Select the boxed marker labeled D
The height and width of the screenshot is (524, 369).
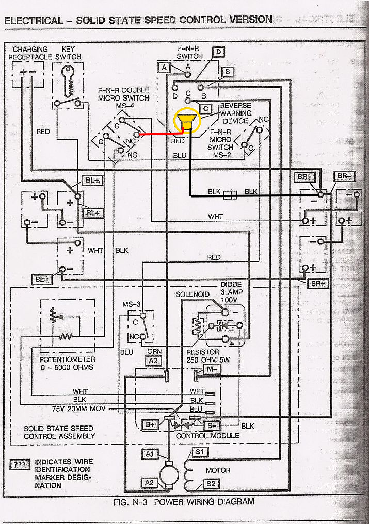pos(219,52)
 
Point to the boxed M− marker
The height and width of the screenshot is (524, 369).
pos(212,369)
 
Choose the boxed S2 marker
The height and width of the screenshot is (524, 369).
pos(212,484)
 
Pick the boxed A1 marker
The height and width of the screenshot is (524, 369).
pos(150,453)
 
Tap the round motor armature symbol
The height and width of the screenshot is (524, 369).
pos(168,472)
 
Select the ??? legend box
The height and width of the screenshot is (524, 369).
pos(20,465)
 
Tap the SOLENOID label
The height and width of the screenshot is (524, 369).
pos(192,294)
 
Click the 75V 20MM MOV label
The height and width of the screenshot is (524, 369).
pos(79,408)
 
